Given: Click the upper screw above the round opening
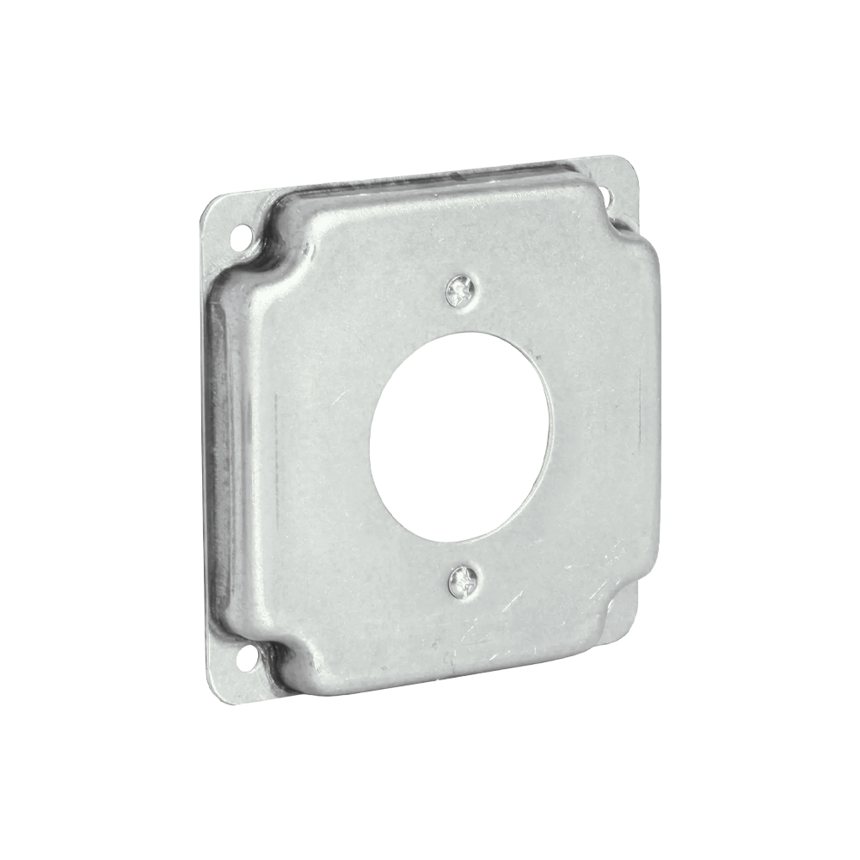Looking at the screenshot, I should (461, 294).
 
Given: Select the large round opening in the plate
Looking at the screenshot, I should (459, 436).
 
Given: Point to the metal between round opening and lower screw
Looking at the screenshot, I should (462, 555).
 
